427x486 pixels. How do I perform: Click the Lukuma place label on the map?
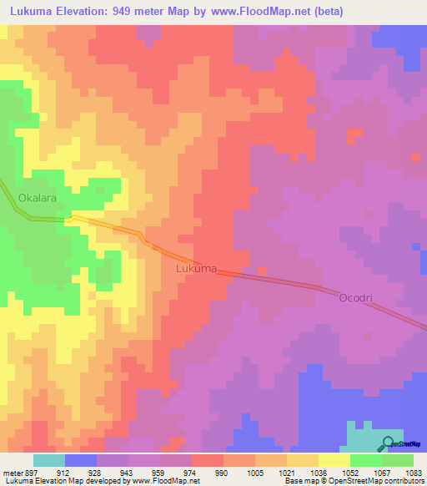click(x=197, y=269)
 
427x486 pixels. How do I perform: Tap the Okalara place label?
click(x=36, y=198)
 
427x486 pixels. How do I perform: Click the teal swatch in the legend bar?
click(x=49, y=460)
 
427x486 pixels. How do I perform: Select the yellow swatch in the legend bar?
click(x=334, y=460)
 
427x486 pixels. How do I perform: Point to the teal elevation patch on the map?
click(x=367, y=438)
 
